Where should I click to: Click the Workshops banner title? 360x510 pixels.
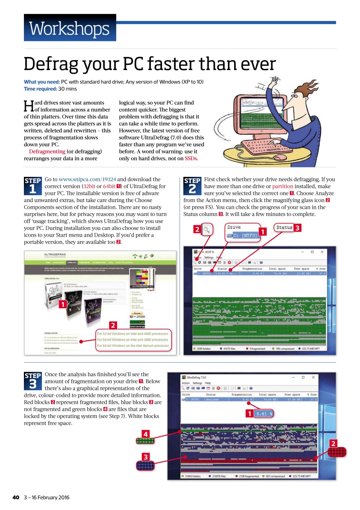click(x=69, y=28)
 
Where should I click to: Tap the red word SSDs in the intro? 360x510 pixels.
click(x=191, y=158)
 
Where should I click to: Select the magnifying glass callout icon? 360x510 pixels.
click(x=207, y=229)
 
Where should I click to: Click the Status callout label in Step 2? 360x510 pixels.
click(x=284, y=228)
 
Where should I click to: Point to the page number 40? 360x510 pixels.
click(x=16, y=497)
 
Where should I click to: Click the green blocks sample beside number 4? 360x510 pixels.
click(x=145, y=441)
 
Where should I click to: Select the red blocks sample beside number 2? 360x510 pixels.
click(x=337, y=452)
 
